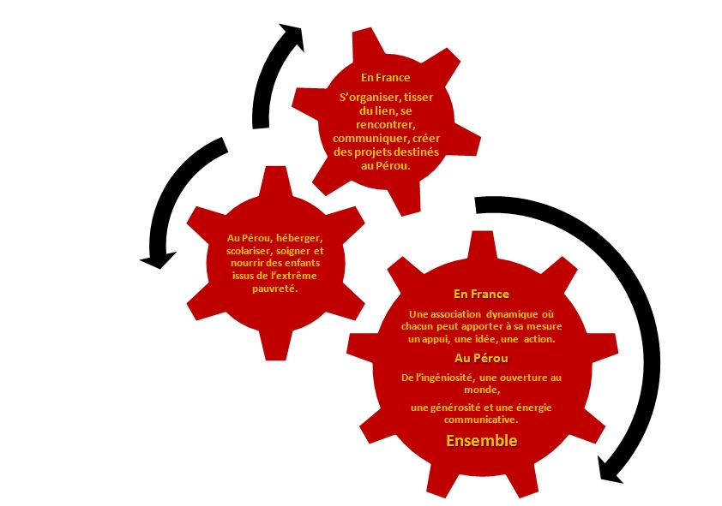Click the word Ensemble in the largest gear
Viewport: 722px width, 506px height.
pyautogui.click(x=482, y=440)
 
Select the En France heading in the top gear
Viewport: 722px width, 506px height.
pyautogui.click(x=385, y=77)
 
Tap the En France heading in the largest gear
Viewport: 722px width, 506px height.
pyautogui.click(x=481, y=294)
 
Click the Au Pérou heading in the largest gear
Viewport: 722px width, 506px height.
pyautogui.click(x=481, y=358)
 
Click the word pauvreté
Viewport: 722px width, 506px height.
pyautogui.click(x=275, y=289)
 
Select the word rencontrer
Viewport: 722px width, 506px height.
pyautogui.click(x=385, y=124)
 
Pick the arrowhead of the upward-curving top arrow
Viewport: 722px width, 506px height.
pyautogui.click(x=292, y=37)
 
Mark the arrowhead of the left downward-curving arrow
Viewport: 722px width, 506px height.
pyautogui.click(x=159, y=259)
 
